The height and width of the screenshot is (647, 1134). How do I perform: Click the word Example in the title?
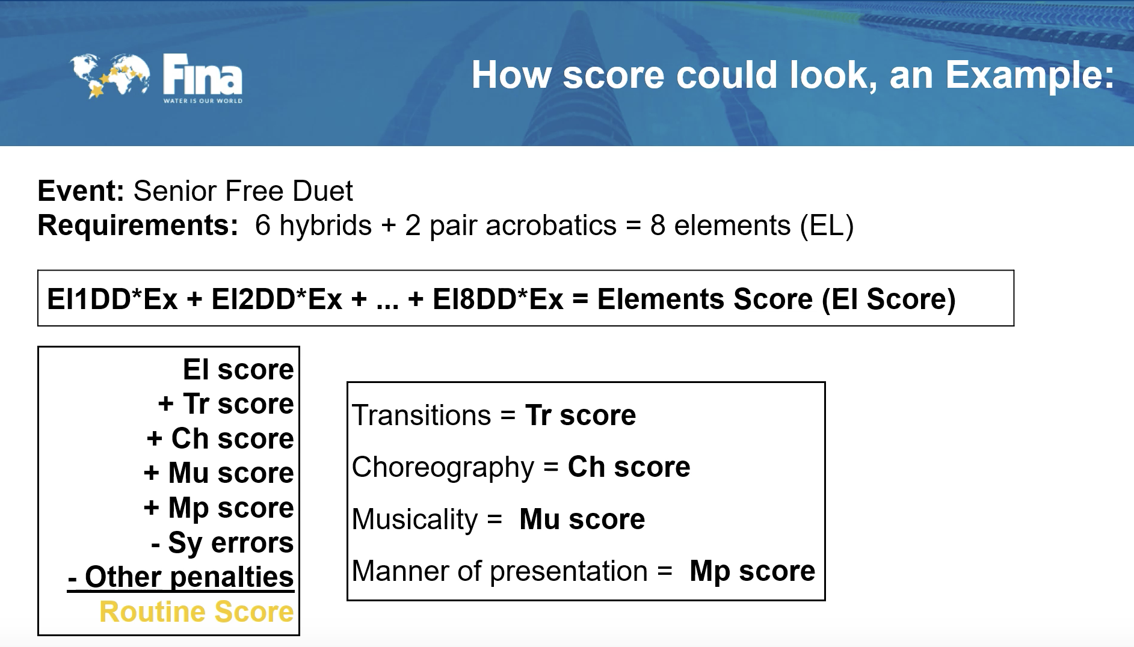click(1029, 75)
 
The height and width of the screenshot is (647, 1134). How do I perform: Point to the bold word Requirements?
click(138, 225)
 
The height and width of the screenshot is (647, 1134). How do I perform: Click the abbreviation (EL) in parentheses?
click(827, 226)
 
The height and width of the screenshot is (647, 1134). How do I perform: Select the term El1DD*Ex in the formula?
click(112, 299)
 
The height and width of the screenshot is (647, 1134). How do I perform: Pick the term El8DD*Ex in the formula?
click(498, 299)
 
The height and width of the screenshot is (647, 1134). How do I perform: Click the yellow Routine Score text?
click(197, 612)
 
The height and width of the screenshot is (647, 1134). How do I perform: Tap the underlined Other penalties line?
click(180, 577)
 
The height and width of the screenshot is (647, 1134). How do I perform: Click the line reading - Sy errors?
click(223, 542)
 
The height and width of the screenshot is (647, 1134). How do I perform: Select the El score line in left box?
click(238, 369)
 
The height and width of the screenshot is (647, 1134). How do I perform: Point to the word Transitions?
click(421, 415)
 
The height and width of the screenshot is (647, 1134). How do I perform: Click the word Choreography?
click(443, 468)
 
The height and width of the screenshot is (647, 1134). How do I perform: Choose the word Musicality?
click(414, 520)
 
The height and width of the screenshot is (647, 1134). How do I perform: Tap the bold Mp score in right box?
click(752, 571)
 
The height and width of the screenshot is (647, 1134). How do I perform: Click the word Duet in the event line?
click(322, 191)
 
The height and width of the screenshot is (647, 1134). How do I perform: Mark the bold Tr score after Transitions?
click(581, 415)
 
